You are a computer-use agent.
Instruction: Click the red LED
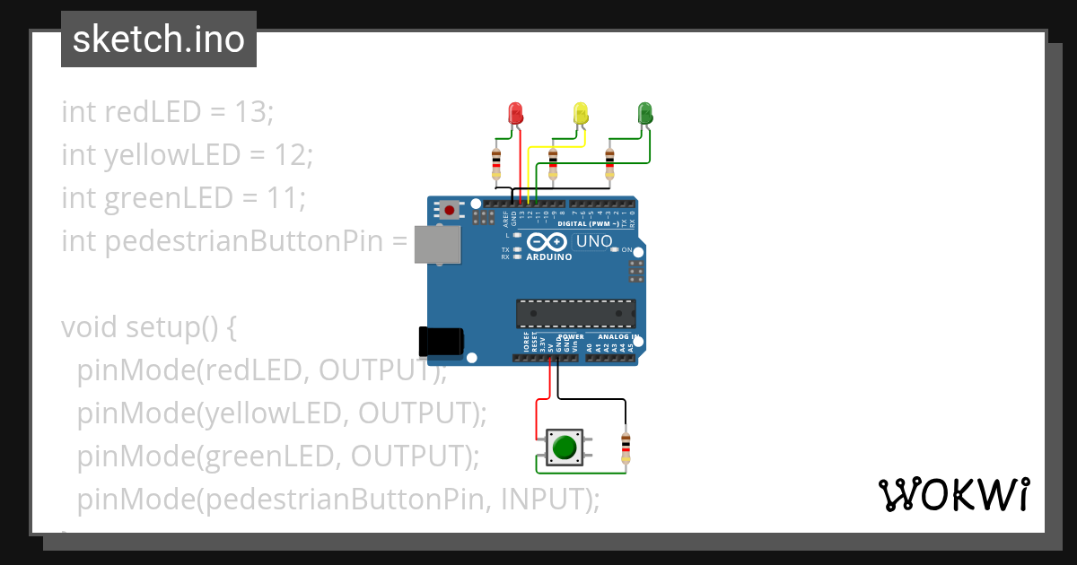click(x=515, y=114)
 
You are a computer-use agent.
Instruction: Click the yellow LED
click(x=581, y=114)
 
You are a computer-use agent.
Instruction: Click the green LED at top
click(x=644, y=113)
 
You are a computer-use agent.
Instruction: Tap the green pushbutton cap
click(x=564, y=447)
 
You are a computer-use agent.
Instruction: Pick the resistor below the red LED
click(x=496, y=163)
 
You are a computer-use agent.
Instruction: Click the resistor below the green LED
click(x=610, y=163)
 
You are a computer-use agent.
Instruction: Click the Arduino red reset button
click(x=448, y=210)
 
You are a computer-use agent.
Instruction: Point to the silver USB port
click(x=437, y=245)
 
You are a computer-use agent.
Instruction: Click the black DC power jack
click(x=441, y=342)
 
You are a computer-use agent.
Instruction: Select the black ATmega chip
click(x=575, y=313)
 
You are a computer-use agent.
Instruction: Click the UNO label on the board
click(x=593, y=241)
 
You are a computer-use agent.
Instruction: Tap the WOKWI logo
click(x=953, y=495)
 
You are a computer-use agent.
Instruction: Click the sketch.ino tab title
click(x=159, y=39)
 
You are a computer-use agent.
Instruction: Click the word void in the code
click(x=88, y=327)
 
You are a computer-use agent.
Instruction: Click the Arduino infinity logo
click(x=547, y=241)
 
